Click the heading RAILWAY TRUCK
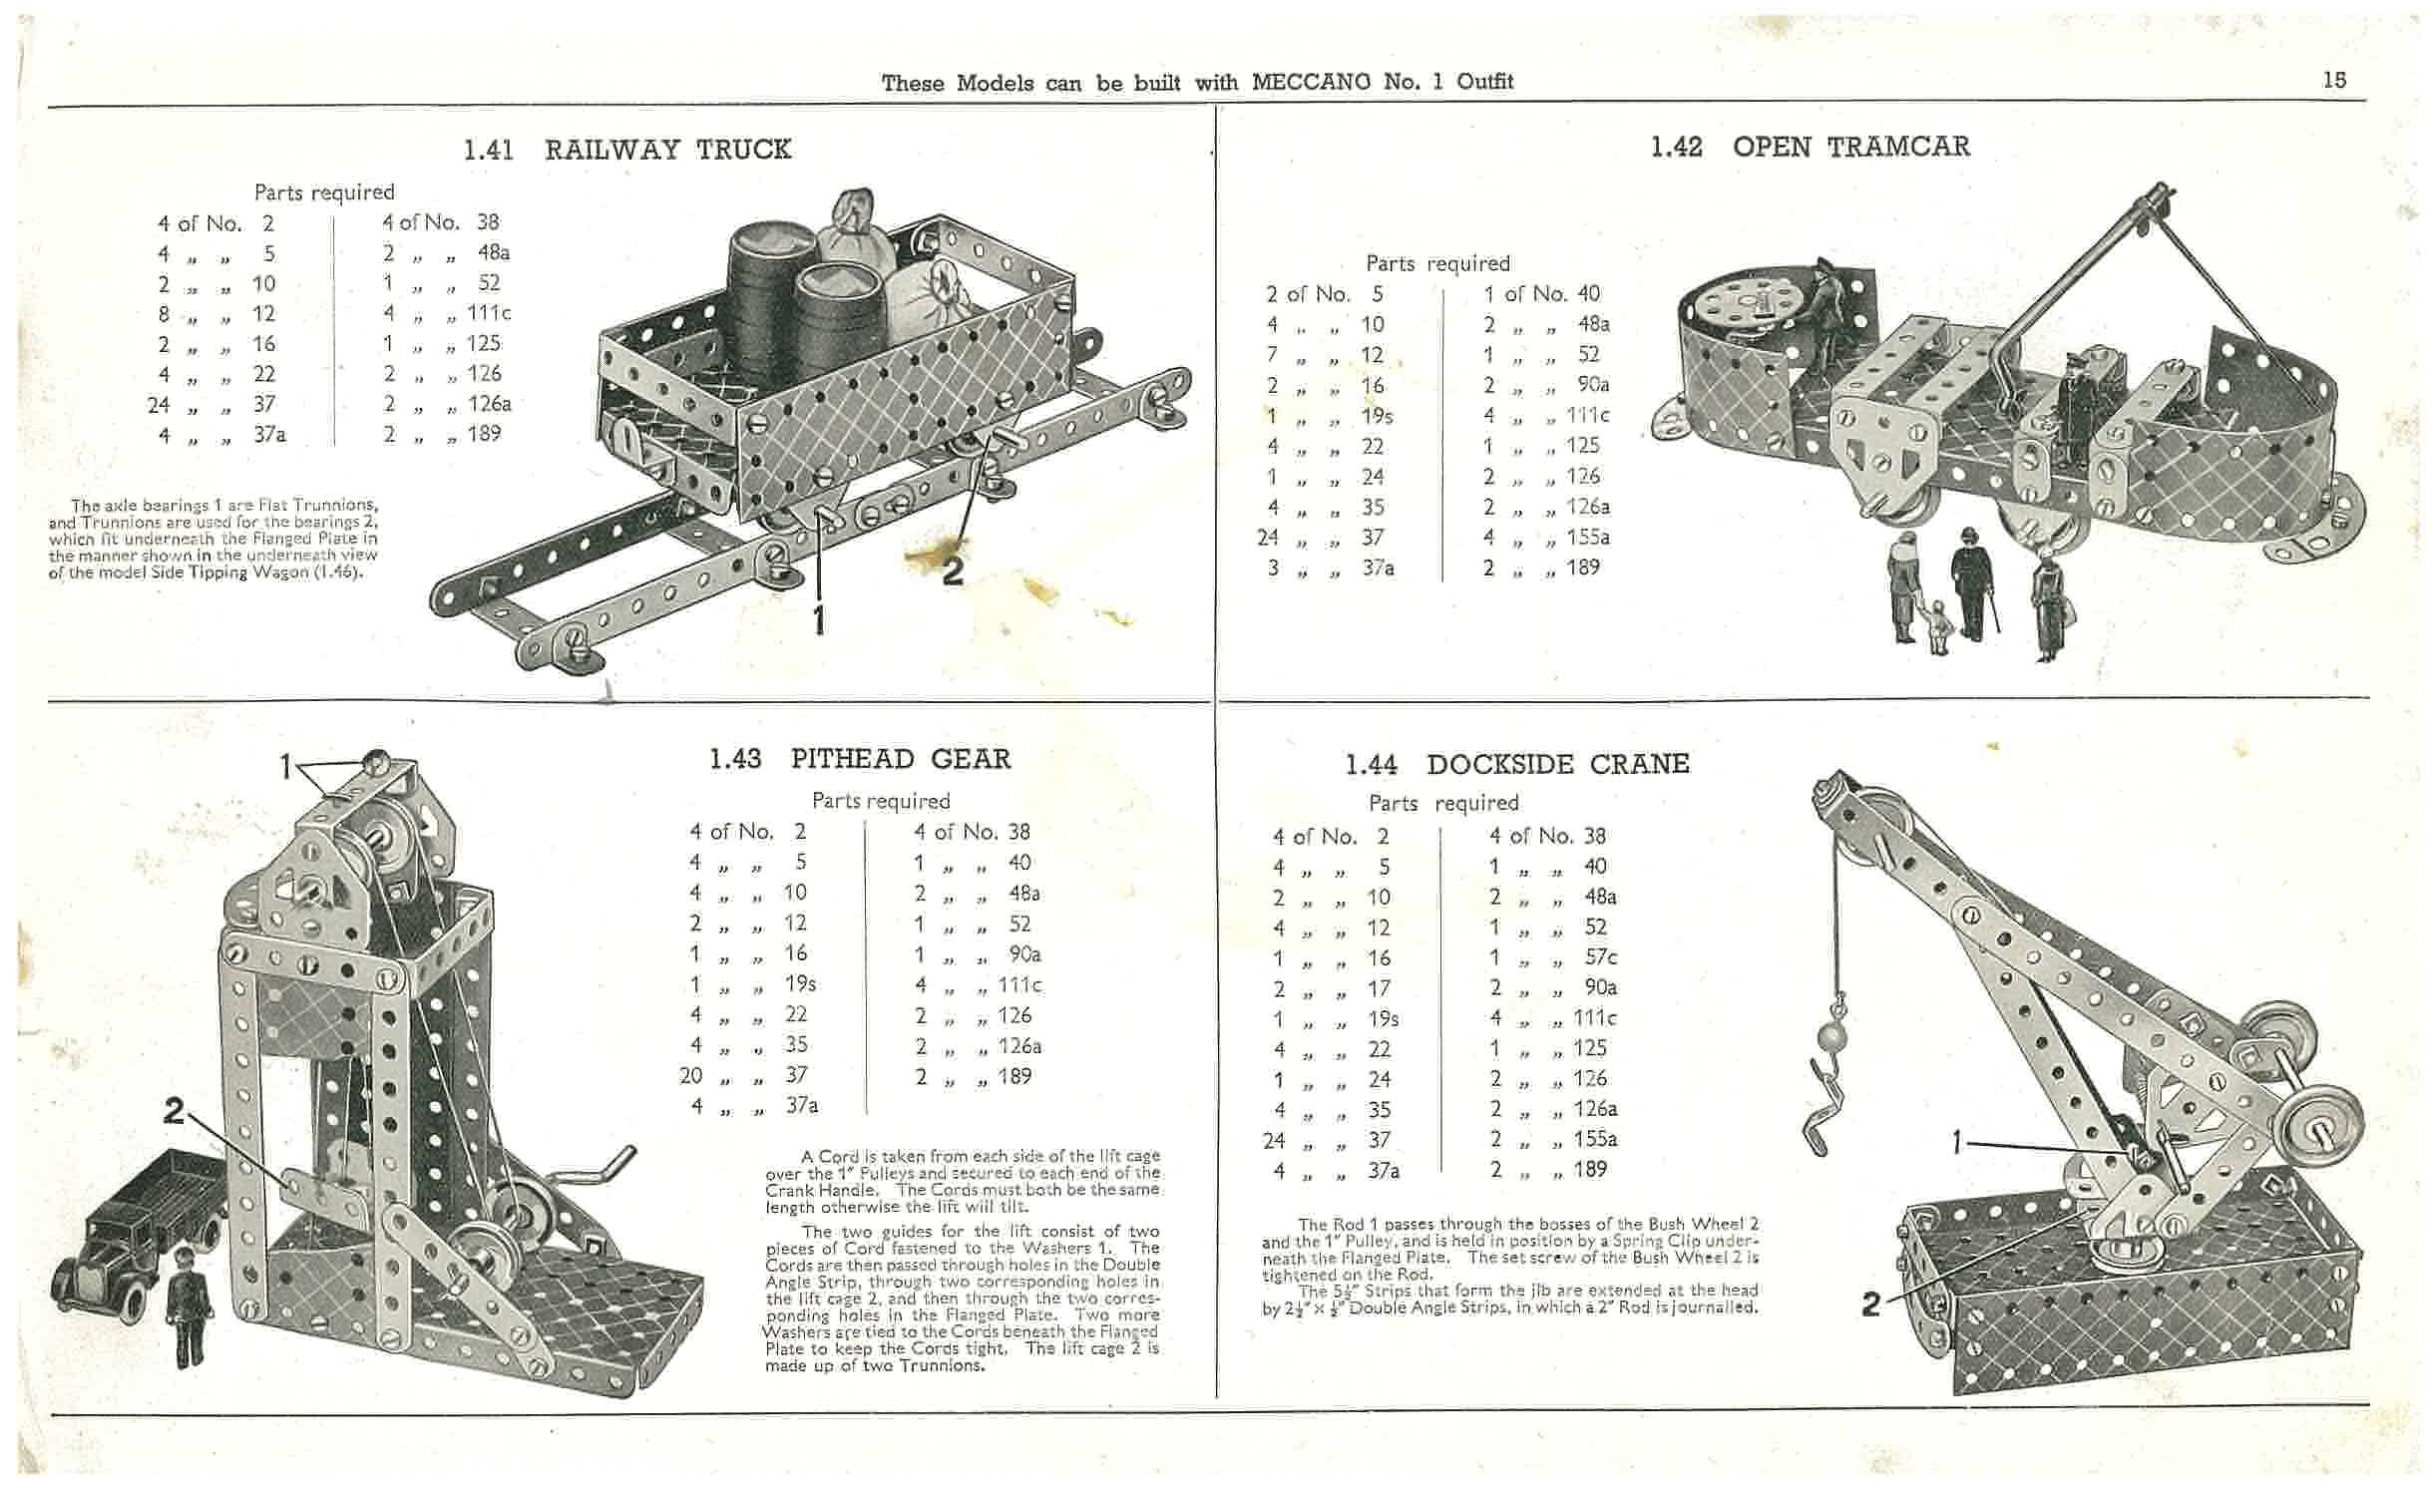(667, 150)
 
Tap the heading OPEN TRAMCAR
(1850, 147)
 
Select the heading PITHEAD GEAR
(900, 759)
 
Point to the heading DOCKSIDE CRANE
(1557, 765)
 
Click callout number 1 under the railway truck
(818, 620)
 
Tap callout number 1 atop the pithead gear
(285, 766)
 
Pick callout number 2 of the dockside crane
(1871, 1304)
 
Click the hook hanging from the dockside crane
(1823, 1107)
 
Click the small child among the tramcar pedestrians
(1937, 626)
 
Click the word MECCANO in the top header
(1311, 82)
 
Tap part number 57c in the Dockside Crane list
(1600, 957)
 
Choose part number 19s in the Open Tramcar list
(1377, 416)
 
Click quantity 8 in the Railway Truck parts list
(163, 314)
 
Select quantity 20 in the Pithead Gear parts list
(690, 1076)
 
